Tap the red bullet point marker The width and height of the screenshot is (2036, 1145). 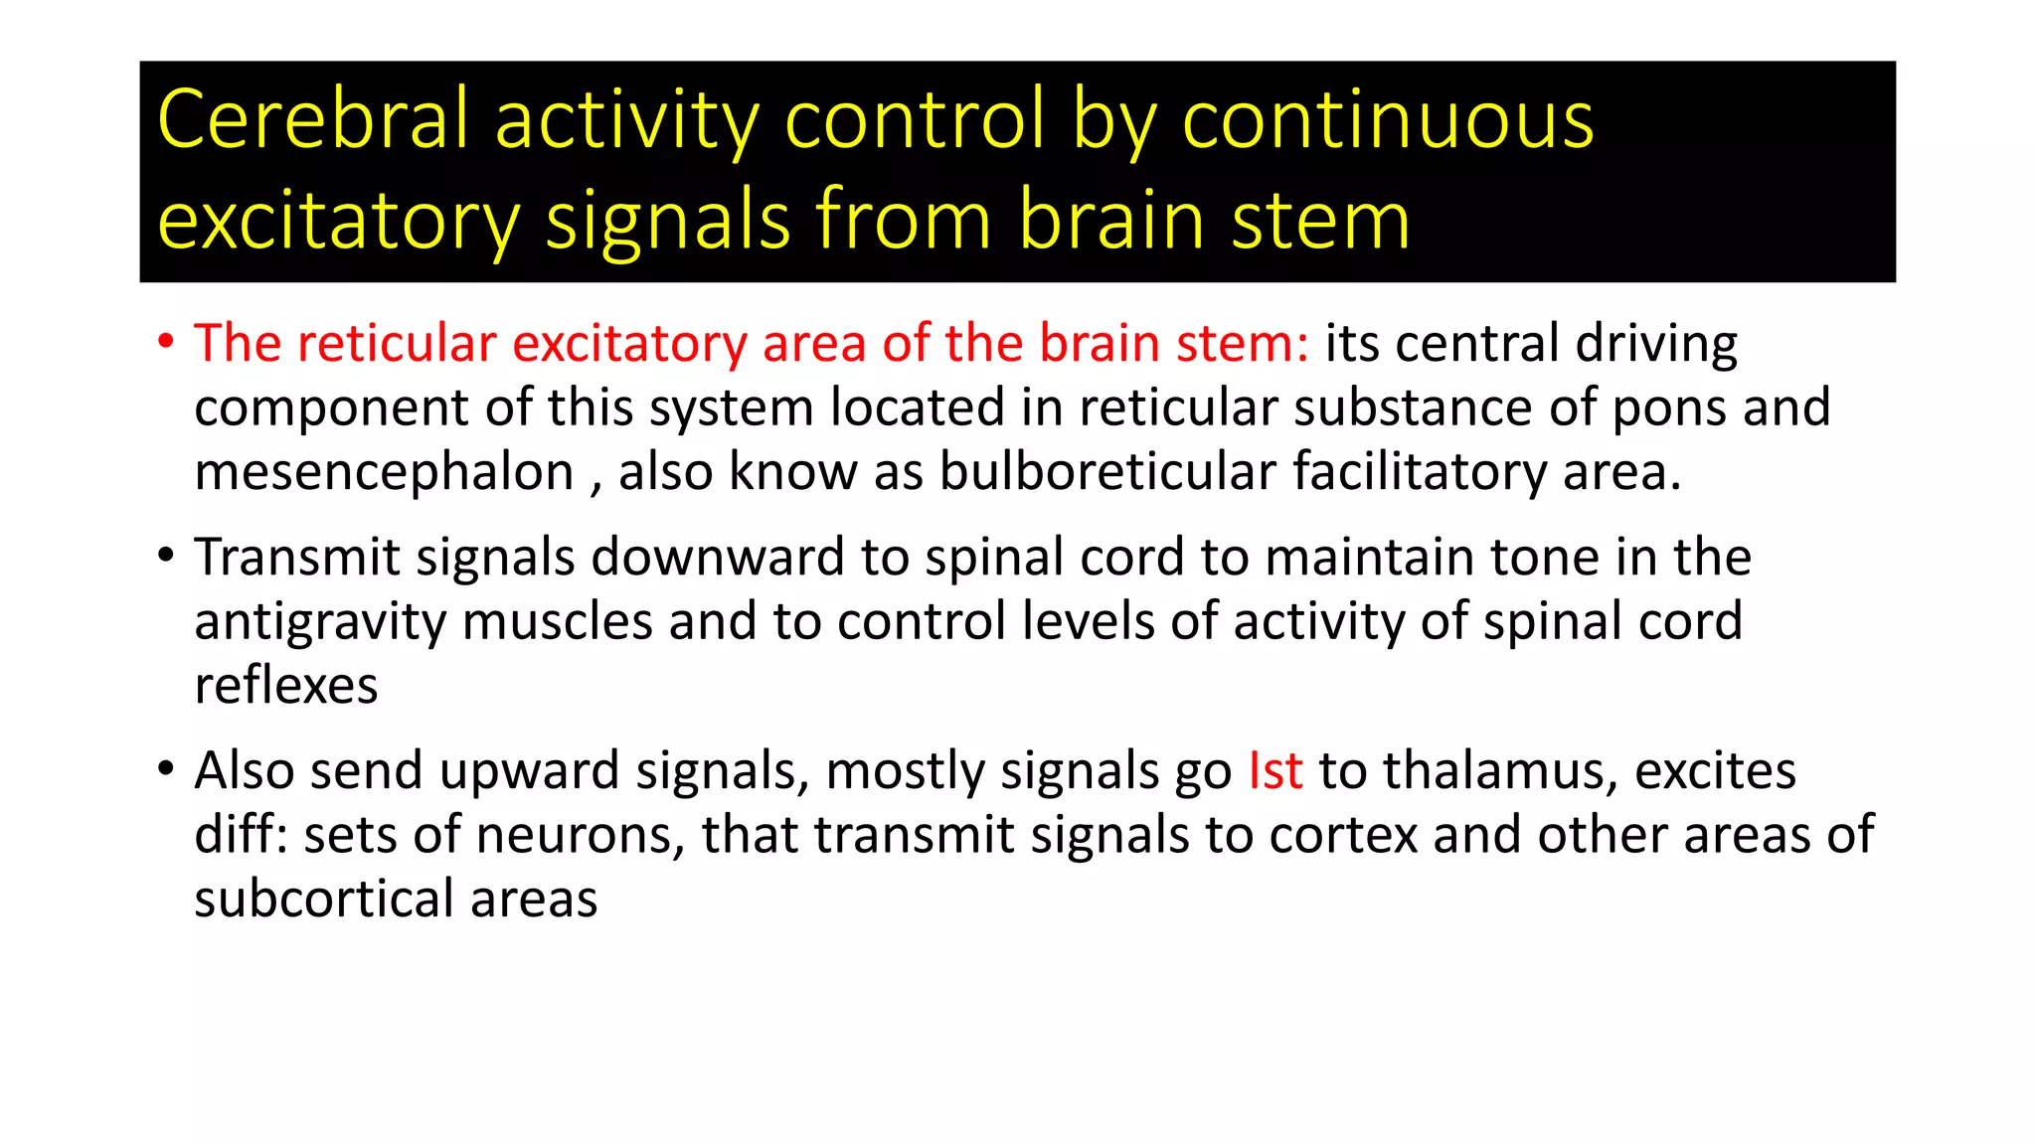166,342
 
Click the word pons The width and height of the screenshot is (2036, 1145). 1668,409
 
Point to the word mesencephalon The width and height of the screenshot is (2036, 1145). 384,473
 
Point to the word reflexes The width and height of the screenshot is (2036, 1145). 286,686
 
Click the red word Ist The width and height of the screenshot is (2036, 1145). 1274,771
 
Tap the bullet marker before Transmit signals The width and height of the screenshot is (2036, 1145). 166,556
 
